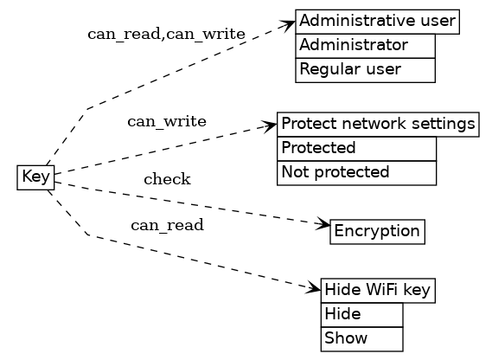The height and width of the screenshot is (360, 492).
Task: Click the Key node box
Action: tap(35, 177)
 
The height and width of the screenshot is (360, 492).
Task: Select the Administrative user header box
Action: tap(377, 21)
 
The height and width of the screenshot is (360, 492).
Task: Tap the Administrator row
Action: tap(365, 45)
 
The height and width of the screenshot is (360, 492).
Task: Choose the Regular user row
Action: tap(365, 69)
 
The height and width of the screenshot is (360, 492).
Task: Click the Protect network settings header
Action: tap(378, 124)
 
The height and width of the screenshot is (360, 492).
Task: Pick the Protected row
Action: tap(356, 148)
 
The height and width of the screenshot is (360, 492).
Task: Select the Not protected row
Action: tap(356, 172)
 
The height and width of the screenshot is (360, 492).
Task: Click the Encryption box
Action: tap(377, 231)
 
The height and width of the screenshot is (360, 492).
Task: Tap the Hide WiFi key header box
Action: tap(378, 291)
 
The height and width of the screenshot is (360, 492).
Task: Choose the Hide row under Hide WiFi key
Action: tap(361, 314)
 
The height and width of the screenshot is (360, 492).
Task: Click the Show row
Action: tap(361, 338)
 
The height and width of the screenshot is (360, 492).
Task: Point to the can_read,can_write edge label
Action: tap(166, 35)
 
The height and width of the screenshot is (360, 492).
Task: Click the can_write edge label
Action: tap(167, 121)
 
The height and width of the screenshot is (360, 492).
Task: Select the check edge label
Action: tap(167, 180)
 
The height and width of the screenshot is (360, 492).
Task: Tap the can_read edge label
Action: tap(167, 226)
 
